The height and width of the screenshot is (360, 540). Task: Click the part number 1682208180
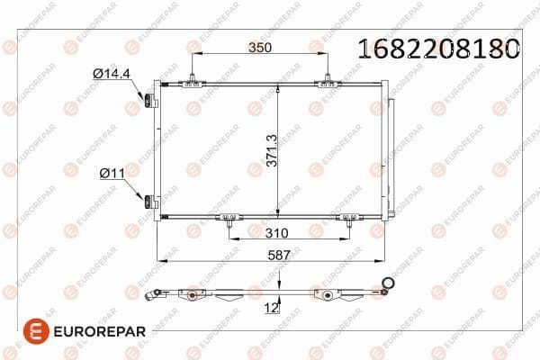pos(439,49)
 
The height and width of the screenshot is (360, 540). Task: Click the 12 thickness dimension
pos(270,309)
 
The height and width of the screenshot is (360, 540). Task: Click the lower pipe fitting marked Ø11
pos(147,200)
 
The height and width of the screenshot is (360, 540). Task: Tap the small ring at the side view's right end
pos(389,285)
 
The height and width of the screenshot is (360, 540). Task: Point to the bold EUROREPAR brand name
pos(95,330)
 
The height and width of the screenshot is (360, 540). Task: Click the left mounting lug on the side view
pos(190,293)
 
